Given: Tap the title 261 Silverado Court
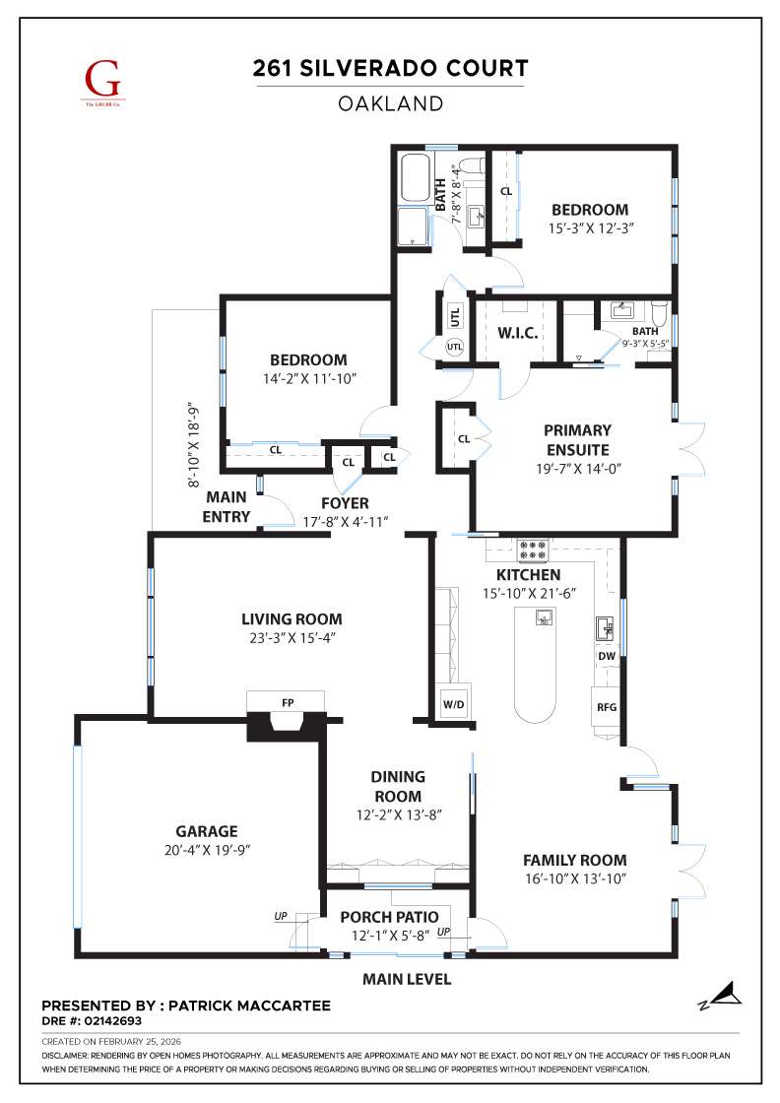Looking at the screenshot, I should tap(390, 68).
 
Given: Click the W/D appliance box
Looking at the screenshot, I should tap(454, 705).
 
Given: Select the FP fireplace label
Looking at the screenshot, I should tap(288, 703).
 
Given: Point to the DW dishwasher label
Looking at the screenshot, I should tap(606, 656).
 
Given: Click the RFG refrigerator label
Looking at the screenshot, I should tap(606, 707).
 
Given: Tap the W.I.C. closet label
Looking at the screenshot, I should tap(517, 333).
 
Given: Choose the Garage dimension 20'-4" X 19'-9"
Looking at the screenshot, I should tap(207, 850).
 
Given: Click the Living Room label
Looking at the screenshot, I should tap(292, 619).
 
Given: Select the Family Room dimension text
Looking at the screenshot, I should tap(574, 877).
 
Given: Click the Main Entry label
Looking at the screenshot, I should tap(226, 507).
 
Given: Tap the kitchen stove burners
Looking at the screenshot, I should tap(533, 551).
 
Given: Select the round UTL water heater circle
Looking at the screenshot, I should tap(454, 347).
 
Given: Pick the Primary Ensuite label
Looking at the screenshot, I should tap(577, 440).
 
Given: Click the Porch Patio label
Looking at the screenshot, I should tap(390, 918).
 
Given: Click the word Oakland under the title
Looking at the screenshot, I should tap(390, 103).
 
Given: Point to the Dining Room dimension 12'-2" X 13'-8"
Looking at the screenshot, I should tap(397, 814).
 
